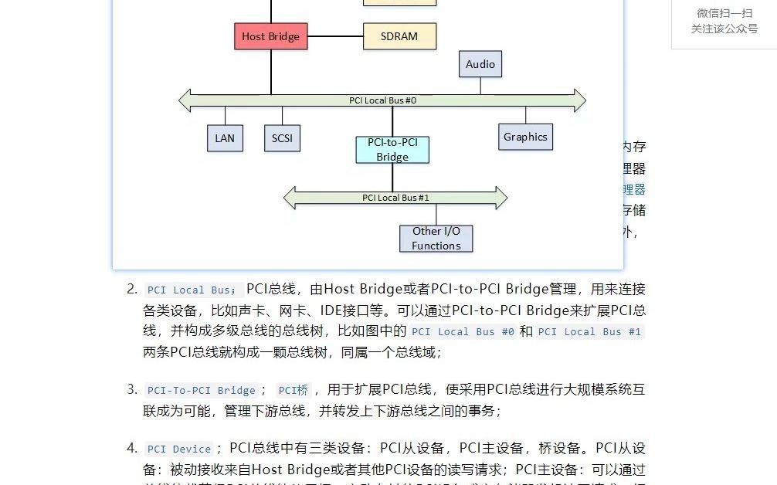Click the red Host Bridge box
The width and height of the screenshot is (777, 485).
tap(270, 36)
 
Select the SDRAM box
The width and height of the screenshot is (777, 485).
tap(399, 36)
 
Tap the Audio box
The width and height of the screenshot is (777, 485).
tap(480, 65)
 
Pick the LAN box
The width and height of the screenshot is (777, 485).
tap(225, 138)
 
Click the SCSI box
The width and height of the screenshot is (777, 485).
tap(282, 138)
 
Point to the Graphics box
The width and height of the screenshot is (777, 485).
tap(525, 137)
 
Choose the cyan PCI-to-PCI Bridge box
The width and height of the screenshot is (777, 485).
tap(392, 150)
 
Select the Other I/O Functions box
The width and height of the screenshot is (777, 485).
tap(436, 239)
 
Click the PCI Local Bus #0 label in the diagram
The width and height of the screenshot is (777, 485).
tap(382, 100)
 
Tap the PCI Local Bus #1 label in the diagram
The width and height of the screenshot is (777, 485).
tap(395, 198)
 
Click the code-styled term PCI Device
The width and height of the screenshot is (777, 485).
tap(179, 449)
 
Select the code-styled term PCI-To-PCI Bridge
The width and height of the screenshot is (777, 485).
tap(201, 390)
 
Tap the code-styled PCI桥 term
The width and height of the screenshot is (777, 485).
tap(293, 390)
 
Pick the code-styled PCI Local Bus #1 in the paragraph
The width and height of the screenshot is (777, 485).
tap(589, 331)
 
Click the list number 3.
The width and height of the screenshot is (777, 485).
tap(131, 389)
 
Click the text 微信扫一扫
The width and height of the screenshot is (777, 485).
tap(724, 13)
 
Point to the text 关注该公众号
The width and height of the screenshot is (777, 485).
tap(724, 29)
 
